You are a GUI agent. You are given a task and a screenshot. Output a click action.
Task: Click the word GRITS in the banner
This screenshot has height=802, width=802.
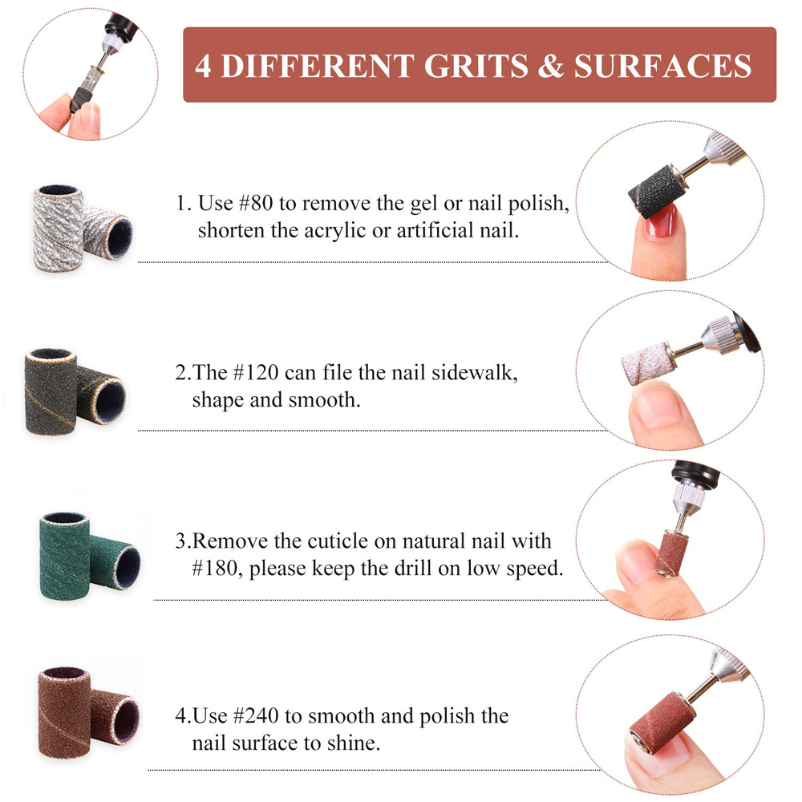point(476,66)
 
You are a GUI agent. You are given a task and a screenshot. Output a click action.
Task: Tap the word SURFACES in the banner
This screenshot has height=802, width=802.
point(662,66)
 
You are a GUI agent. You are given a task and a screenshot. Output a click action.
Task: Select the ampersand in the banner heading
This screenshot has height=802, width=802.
point(551,66)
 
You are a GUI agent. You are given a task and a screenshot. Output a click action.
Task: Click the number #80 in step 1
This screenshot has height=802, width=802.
point(256,203)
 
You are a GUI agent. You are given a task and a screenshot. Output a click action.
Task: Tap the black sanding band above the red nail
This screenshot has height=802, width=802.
point(656,192)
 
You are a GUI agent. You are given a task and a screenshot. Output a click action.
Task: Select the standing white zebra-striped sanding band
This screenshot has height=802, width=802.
point(58,228)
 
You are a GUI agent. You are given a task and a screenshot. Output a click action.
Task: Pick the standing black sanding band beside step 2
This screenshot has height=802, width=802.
point(51,391)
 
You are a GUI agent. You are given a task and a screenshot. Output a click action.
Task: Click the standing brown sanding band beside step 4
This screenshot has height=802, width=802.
point(64,712)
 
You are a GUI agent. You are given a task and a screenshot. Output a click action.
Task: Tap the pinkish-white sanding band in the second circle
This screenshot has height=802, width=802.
point(649,363)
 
